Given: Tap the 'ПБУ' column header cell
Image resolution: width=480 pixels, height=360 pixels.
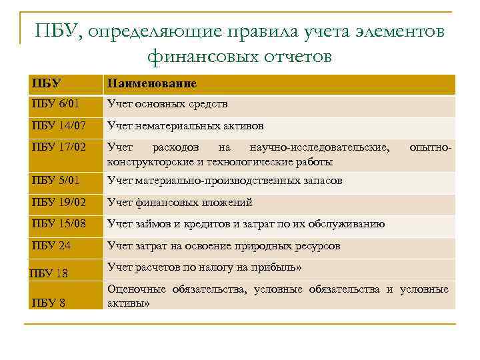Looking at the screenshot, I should click(x=46, y=84).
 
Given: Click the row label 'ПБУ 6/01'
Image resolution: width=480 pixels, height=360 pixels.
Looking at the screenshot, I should click(x=55, y=104).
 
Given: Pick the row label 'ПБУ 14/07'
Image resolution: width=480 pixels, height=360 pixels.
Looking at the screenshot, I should click(x=58, y=125).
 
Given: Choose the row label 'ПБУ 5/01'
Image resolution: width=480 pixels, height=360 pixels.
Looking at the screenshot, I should click(x=55, y=180).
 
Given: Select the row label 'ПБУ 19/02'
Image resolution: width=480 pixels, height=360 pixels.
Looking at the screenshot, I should click(x=58, y=202).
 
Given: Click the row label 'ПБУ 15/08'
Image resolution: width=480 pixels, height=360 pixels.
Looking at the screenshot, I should click(x=58, y=224).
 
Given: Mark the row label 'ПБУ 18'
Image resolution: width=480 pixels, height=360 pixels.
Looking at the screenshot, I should click(x=49, y=273).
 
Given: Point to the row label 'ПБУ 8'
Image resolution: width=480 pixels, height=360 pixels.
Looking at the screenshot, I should click(x=48, y=303).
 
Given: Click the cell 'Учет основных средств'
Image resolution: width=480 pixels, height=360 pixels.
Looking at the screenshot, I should click(x=167, y=104).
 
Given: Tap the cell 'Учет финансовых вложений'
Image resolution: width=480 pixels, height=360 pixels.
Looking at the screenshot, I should click(x=179, y=202).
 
